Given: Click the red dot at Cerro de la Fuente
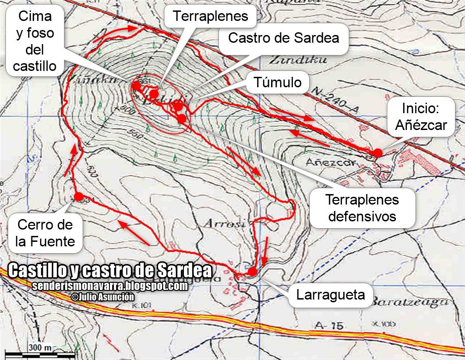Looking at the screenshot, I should (x=78, y=197).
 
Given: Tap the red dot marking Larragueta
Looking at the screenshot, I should (x=252, y=271).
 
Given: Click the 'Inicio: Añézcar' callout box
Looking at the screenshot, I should (x=421, y=116).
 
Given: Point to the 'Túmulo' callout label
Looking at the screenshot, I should (x=277, y=82).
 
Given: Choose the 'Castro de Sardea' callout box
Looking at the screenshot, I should (x=283, y=37).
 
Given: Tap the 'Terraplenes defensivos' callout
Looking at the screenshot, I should (x=362, y=208).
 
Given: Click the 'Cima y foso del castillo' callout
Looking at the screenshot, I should (x=35, y=41).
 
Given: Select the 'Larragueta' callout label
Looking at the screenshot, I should (x=331, y=295).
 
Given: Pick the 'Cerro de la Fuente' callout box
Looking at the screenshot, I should (x=45, y=233).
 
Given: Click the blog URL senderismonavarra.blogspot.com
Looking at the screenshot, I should (x=110, y=286).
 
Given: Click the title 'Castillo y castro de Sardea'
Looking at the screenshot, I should (x=110, y=271).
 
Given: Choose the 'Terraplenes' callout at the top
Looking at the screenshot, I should (x=211, y=16).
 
